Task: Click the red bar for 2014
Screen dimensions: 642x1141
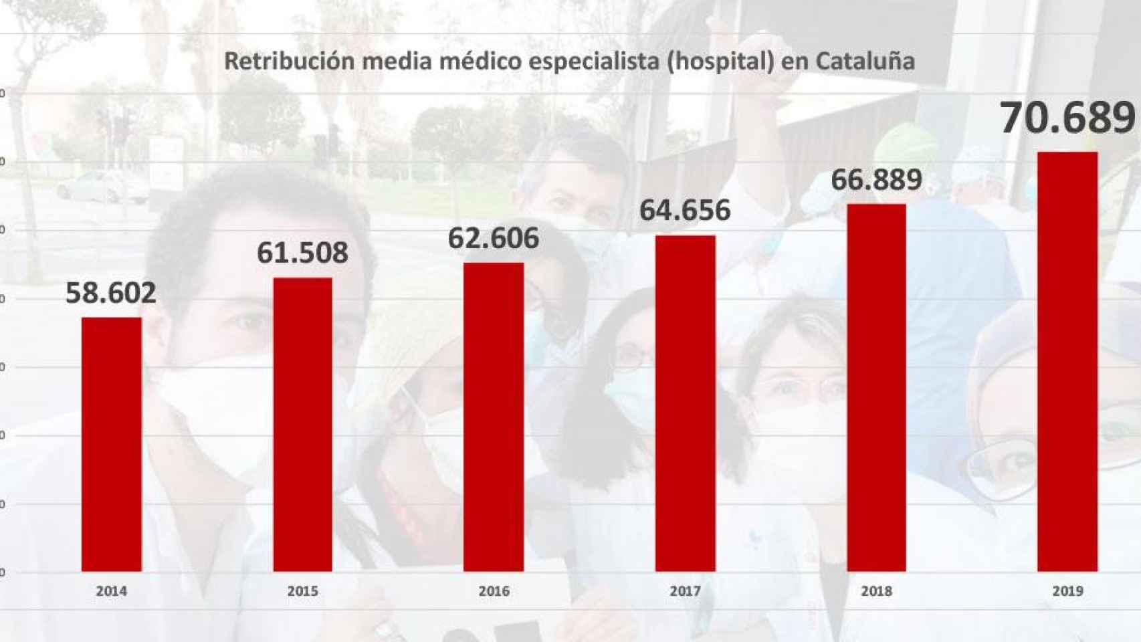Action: tap(112, 444)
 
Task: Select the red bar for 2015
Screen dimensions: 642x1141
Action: tap(302, 424)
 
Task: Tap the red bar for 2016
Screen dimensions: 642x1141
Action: tap(494, 417)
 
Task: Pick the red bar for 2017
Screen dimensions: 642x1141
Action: tap(685, 403)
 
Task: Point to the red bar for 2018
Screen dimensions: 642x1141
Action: tap(876, 387)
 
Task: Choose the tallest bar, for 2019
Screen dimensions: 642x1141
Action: tap(1067, 361)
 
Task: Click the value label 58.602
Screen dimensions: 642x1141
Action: tap(111, 293)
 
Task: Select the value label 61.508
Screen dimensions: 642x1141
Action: tap(302, 253)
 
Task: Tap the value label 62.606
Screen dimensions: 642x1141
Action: tap(494, 238)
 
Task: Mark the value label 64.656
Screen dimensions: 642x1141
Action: tap(685, 210)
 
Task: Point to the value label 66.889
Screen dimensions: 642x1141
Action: tap(876, 179)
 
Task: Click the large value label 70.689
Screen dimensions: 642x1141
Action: tap(1067, 118)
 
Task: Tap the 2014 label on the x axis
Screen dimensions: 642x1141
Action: tap(112, 591)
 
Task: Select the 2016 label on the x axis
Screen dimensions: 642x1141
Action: tap(494, 591)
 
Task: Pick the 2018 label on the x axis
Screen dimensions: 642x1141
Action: tap(876, 591)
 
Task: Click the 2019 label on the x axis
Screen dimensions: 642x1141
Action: tap(1067, 591)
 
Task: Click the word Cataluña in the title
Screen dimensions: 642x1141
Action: tap(865, 61)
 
